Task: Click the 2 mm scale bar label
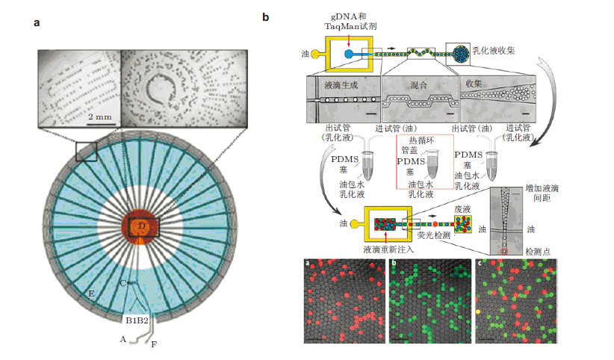pos(100,117)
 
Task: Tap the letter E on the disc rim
pos(91,295)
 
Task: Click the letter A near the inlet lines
pos(123,338)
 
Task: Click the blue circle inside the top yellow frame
pos(348,54)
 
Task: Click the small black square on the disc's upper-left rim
pos(86,152)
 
